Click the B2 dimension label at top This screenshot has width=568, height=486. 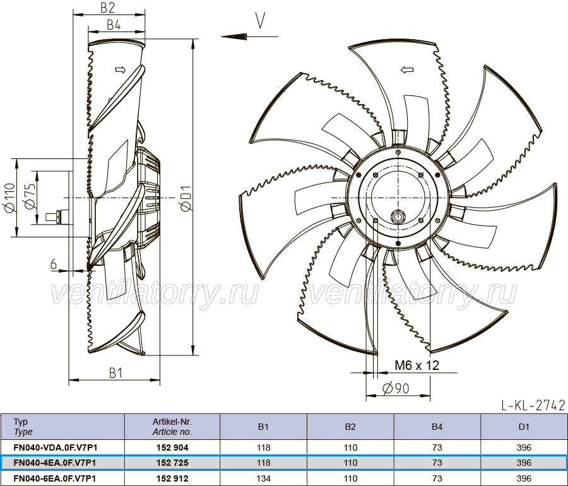click(107, 7)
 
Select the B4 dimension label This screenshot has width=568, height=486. click(114, 25)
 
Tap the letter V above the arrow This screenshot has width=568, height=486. click(261, 20)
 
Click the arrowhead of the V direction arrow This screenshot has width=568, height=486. click(234, 36)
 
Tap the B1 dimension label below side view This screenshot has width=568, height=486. click(116, 372)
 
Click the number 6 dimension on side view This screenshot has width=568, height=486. click(54, 264)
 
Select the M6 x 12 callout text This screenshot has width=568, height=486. click(417, 365)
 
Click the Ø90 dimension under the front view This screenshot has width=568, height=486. click(396, 389)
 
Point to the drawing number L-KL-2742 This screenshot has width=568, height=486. click(533, 405)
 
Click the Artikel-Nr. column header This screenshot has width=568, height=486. click(172, 427)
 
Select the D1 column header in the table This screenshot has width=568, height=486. click(524, 427)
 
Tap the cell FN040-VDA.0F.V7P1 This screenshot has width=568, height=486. click(56, 447)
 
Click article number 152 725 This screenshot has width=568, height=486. click(172, 463)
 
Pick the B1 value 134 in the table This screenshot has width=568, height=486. click(263, 478)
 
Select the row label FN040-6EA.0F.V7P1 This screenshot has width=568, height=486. click(55, 478)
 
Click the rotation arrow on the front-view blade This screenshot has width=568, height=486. click(407, 69)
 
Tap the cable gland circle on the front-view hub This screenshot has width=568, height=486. click(398, 217)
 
